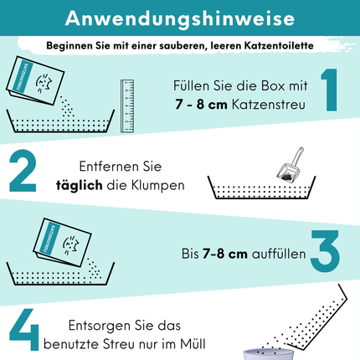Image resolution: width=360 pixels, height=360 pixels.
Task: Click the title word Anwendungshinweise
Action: click(x=180, y=18)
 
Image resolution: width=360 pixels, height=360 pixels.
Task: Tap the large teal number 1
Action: click(x=330, y=90)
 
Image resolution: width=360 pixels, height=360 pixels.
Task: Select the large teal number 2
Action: click(x=23, y=171)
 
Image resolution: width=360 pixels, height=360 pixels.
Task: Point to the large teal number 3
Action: click(x=326, y=251)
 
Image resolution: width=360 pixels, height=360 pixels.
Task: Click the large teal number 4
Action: click(x=24, y=329)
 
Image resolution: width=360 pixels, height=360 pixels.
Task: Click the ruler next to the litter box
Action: click(x=127, y=105)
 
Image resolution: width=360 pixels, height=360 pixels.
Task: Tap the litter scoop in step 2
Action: click(x=291, y=164)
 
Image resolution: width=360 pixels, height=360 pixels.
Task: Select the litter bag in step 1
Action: click(x=35, y=80)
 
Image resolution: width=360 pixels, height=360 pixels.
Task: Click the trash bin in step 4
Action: click(x=269, y=354)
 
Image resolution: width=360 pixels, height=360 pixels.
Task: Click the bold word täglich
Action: click(x=80, y=186)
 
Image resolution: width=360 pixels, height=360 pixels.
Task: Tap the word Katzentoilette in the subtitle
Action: click(x=279, y=45)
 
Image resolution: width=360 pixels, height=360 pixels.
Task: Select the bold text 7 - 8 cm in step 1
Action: click(x=201, y=105)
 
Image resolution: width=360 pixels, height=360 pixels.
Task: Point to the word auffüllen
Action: click(x=279, y=254)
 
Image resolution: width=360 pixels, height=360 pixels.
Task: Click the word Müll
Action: click(x=193, y=343)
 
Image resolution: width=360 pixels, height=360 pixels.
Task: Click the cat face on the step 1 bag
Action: click(x=44, y=83)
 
